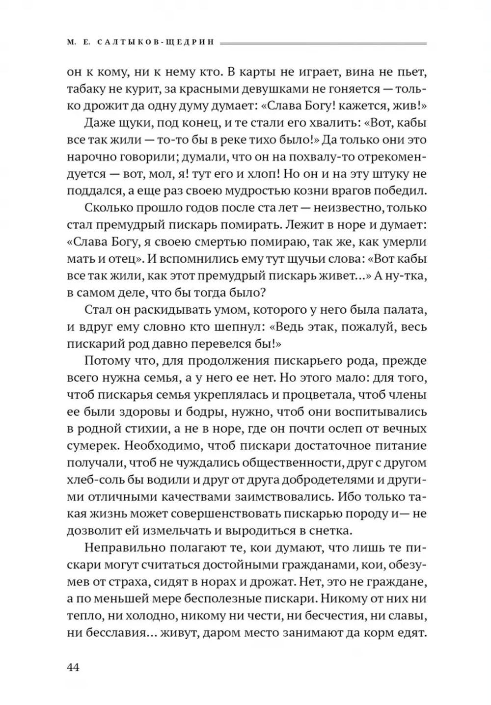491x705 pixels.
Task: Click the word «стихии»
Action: point(145,429)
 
